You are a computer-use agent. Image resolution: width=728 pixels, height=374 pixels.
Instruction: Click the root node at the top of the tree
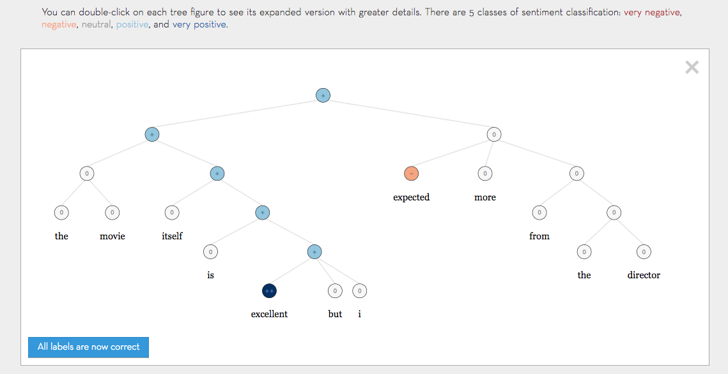point(323,96)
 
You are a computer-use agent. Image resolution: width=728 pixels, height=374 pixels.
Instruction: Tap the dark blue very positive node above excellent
point(269,291)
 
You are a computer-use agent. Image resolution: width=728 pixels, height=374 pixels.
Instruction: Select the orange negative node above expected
point(411,174)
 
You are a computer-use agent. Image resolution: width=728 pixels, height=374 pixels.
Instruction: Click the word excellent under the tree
point(269,314)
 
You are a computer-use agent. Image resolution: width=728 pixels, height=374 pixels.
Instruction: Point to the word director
point(644,275)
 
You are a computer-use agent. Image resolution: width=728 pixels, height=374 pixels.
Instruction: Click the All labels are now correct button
point(88,347)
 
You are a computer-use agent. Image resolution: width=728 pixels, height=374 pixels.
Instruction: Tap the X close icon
point(692,68)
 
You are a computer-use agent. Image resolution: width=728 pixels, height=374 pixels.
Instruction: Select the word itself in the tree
point(172,236)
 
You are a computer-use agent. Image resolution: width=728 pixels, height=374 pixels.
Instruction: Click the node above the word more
point(485,174)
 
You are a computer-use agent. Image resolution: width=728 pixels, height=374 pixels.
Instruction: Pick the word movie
point(112,236)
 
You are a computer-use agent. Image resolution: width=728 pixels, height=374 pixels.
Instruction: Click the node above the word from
point(539,213)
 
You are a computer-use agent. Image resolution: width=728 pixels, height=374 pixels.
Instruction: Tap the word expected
point(411,197)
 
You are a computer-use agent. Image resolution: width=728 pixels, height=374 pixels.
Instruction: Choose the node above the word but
point(335,291)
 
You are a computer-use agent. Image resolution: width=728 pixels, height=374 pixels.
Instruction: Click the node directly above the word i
point(360,291)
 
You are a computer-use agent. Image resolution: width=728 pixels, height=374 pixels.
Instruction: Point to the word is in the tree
point(210,275)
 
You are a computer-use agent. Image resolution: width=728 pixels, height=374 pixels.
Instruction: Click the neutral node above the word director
point(644,252)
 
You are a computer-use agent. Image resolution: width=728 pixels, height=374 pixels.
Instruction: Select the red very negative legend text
point(653,12)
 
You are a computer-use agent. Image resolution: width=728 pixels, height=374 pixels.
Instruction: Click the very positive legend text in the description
point(199,25)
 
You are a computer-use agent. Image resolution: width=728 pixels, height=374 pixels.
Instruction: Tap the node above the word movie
point(112,213)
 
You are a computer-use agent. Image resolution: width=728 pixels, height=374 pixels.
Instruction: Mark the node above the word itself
point(171,213)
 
